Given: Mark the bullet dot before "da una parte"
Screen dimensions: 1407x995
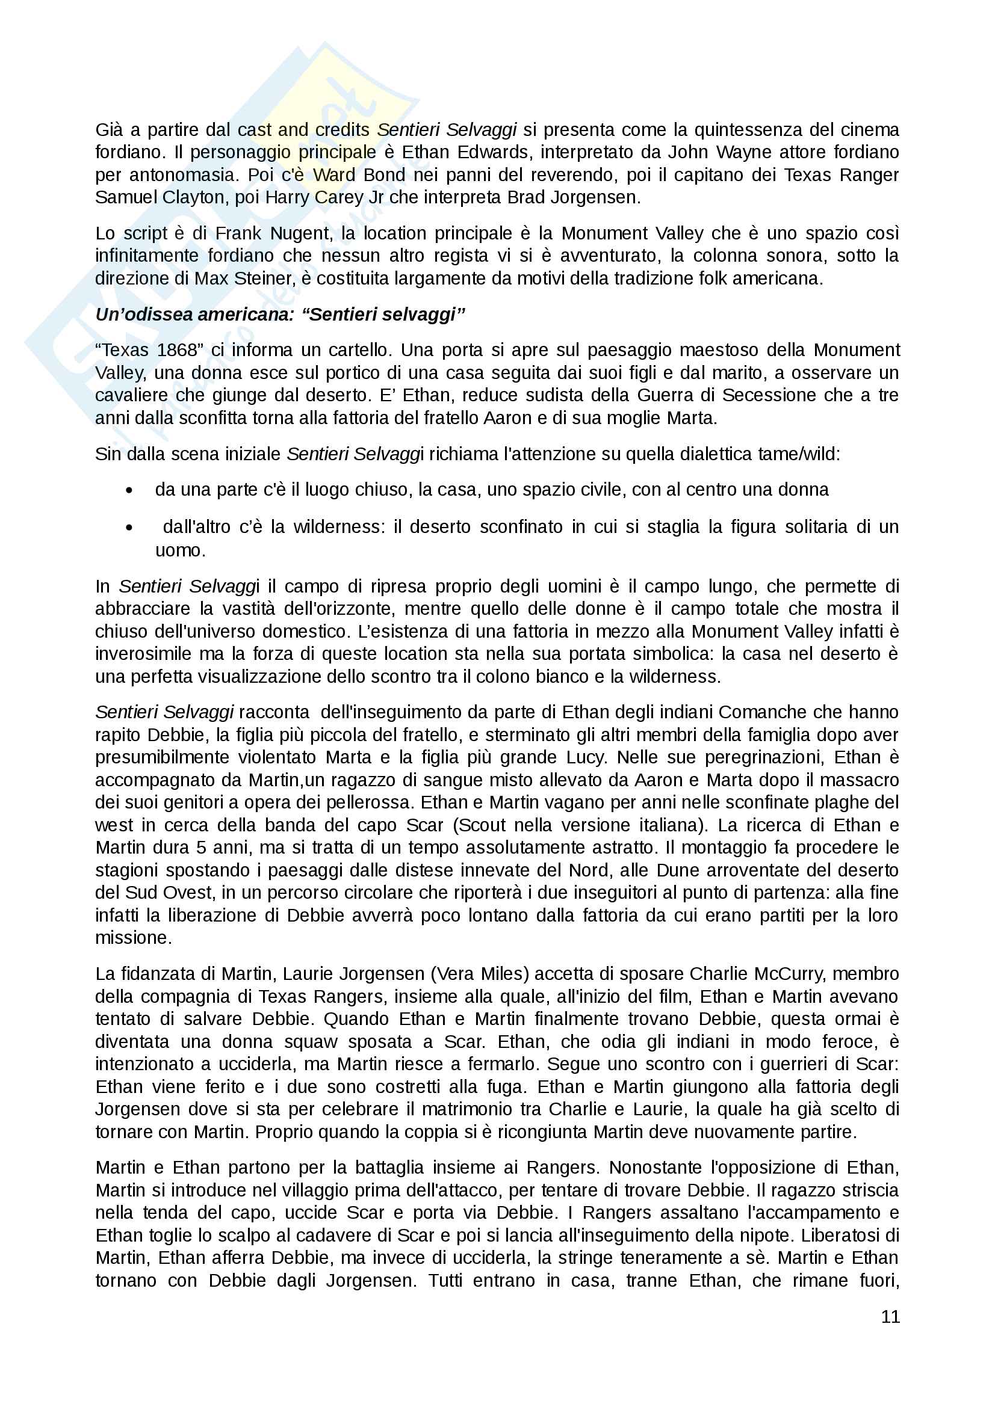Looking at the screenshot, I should (x=129, y=490).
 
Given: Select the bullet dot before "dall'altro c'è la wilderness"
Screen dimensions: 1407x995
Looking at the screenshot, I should (x=129, y=527).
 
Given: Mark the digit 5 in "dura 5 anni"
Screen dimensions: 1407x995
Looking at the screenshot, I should (x=201, y=848).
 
